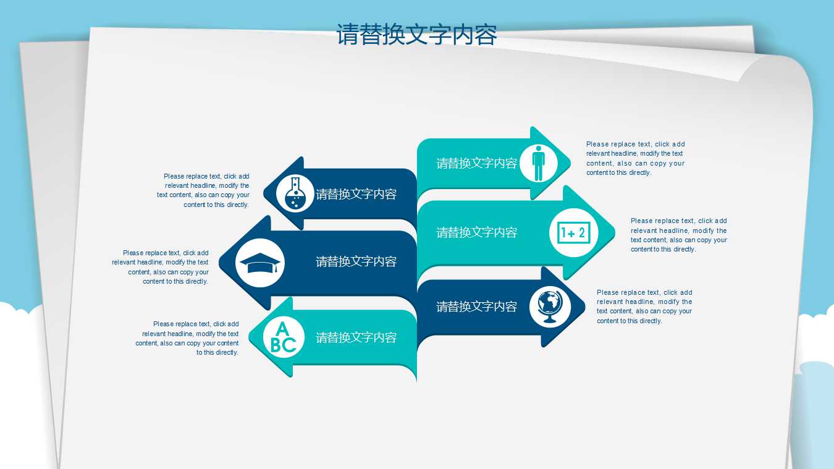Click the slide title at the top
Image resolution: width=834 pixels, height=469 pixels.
[x=417, y=35]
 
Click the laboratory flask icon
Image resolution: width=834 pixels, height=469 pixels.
[x=295, y=193]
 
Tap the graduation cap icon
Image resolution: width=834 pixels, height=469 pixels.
[x=260, y=263]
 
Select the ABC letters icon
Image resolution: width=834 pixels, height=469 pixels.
[x=284, y=337]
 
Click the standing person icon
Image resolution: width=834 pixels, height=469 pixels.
[x=538, y=164]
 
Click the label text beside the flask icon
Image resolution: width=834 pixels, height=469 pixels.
[x=356, y=194]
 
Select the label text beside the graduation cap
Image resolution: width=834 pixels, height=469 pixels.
[x=356, y=261]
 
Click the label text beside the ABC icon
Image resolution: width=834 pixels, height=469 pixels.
[x=356, y=337]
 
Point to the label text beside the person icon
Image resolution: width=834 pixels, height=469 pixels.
[x=476, y=163]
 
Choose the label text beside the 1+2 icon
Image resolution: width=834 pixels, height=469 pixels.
[x=476, y=232]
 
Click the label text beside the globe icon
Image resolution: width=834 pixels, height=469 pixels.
[x=476, y=306]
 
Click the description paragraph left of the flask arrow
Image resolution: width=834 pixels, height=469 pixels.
[x=204, y=190]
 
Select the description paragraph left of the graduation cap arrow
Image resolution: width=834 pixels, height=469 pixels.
[x=161, y=267]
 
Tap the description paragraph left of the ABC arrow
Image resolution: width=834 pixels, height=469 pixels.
[x=188, y=338]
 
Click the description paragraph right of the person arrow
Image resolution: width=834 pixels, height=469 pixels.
[x=635, y=158]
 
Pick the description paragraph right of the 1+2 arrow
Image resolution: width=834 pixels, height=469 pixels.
[x=678, y=235]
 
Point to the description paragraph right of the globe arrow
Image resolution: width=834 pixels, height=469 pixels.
[x=644, y=306]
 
